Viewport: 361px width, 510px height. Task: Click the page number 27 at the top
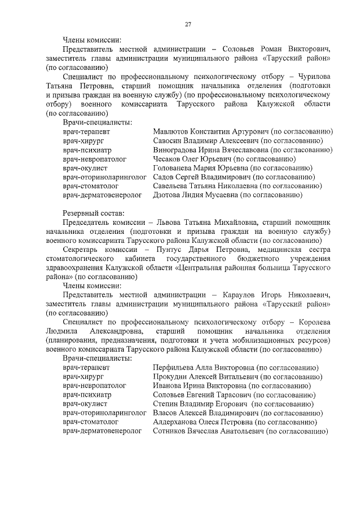pos(189,24)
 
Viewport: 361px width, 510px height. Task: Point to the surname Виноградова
pos(175,150)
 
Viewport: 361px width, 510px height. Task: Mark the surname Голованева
pos(173,168)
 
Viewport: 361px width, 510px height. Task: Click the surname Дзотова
pos(168,195)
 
